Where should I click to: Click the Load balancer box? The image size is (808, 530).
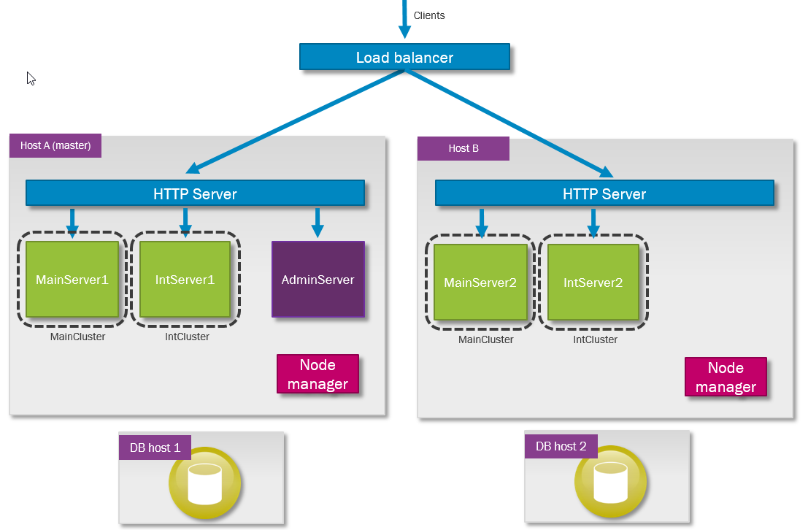[404, 57]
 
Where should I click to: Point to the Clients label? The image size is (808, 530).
[428, 15]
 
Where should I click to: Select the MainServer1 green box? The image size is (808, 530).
[72, 280]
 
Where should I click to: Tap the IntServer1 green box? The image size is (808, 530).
[185, 280]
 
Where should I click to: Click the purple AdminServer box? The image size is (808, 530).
[318, 280]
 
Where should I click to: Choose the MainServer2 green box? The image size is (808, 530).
[480, 283]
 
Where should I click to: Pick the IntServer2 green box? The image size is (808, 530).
[593, 283]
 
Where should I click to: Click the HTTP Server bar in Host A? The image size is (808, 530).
[195, 193]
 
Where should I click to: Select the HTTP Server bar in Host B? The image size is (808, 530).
[604, 194]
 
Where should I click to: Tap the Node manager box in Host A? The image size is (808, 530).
[318, 375]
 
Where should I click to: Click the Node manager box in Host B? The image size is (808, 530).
[726, 377]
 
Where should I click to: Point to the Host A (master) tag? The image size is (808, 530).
[55, 145]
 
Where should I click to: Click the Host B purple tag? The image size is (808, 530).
[463, 148]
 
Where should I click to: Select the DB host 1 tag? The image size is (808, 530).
[155, 448]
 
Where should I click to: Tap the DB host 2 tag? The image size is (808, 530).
[561, 446]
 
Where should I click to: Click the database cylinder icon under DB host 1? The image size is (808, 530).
[204, 483]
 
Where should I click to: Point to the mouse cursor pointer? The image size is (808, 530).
[31, 78]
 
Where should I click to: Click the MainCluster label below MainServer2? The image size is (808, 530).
[485, 339]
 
